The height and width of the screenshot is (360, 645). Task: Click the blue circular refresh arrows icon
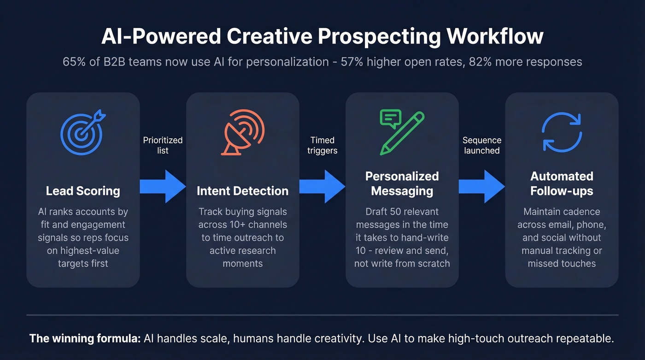coord(562,133)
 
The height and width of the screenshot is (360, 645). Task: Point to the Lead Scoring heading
coord(83,191)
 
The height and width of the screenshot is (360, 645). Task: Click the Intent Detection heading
coord(242,191)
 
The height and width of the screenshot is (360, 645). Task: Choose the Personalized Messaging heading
coord(402,183)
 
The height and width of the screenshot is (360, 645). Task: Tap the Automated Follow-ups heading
coord(562,183)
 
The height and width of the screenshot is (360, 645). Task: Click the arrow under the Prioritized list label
coord(163,186)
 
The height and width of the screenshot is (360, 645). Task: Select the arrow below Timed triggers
coord(322,186)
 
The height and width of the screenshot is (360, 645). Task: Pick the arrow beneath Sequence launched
coord(482,186)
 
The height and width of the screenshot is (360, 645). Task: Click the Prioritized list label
coord(163,145)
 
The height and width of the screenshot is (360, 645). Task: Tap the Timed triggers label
coord(322,145)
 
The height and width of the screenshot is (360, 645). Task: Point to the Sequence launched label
coord(482,145)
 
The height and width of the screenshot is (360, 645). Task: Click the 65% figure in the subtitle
coord(72,62)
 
